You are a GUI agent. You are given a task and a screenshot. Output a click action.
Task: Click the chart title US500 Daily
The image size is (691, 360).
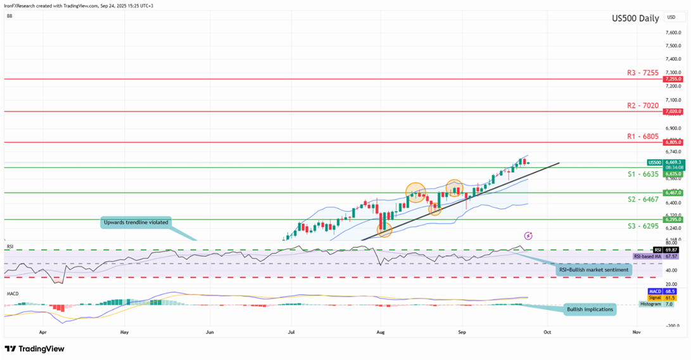click(635, 19)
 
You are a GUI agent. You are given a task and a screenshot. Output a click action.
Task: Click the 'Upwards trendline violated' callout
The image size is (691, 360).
click(137, 222)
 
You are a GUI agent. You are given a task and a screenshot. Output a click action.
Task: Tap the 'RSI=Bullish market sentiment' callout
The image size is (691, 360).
click(594, 270)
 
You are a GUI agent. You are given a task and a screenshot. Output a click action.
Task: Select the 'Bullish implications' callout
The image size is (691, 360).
click(590, 309)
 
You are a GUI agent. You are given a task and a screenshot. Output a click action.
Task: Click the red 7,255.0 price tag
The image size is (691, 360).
click(672, 79)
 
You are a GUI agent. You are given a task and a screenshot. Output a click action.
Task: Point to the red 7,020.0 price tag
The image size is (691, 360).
click(672, 111)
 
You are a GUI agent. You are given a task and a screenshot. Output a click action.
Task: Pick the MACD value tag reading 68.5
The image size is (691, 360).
click(671, 292)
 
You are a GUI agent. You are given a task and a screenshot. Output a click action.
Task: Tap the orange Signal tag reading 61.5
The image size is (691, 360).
click(671, 298)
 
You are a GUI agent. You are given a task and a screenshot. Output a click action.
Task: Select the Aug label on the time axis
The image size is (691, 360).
click(380, 331)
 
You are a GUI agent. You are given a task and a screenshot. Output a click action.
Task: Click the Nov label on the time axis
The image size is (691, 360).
click(635, 331)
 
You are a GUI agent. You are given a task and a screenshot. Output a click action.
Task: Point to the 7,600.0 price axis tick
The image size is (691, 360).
click(673, 32)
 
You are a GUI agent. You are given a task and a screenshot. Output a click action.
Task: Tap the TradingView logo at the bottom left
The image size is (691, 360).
click(34, 349)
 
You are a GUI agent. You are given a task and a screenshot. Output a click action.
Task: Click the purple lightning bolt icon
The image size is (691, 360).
click(528, 236)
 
